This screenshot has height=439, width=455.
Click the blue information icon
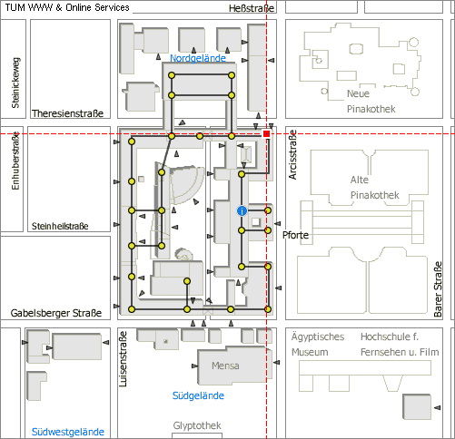pos(242,210)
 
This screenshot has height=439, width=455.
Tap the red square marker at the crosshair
pos(266,133)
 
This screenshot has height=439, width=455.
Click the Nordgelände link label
pos(198,58)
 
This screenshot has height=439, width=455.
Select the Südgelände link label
pos(198,395)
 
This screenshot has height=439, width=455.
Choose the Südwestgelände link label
pos(68,432)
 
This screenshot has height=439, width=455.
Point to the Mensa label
pos(225,366)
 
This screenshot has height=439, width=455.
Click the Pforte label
pos(295,235)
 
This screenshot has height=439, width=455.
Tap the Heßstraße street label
pos(252,8)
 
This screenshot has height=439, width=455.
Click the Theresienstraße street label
pos(68,113)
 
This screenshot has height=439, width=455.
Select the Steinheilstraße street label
pos(60,226)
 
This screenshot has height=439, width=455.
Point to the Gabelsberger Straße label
pos(56,313)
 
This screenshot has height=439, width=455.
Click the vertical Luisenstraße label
pos(123,359)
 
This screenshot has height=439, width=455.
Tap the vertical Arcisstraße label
pos(292,154)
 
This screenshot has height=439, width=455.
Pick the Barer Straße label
pos(438,289)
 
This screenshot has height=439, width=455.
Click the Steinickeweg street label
pos(15,83)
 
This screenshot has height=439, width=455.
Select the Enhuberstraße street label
pos(15,161)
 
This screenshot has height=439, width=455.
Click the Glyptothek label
pos(197,425)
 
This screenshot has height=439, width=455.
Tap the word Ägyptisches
pos(318,337)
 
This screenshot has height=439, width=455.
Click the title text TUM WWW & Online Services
pos(67,7)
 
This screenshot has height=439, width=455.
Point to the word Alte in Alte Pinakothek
pos(360,180)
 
